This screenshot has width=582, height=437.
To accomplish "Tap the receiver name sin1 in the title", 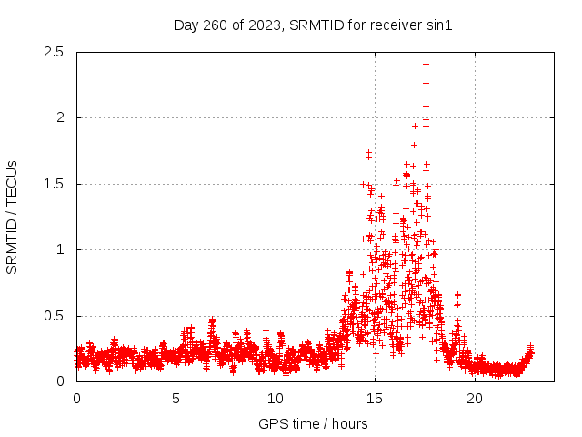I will pos(437,25).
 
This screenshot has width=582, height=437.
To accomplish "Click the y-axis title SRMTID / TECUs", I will pos(13,217).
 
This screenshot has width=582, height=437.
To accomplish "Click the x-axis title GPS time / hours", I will pos(313,423).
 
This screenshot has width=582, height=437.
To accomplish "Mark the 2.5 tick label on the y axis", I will pos(53,52).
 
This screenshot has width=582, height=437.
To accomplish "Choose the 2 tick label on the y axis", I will pos(59,117).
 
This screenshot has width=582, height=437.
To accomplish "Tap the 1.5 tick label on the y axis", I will pos(53,184).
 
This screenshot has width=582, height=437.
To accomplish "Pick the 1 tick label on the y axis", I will pos(59,249).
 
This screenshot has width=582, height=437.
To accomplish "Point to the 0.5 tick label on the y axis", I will pos(53,316).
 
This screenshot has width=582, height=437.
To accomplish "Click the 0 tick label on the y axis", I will pos(59,381).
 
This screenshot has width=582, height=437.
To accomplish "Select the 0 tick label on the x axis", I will pos(76,398).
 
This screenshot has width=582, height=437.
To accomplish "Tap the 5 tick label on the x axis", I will pos(176,398).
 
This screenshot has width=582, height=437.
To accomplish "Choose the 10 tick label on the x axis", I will pos(276,398).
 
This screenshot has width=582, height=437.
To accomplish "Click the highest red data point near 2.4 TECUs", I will pos(426,64).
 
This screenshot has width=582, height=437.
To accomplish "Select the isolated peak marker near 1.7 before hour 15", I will pos(368,153).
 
